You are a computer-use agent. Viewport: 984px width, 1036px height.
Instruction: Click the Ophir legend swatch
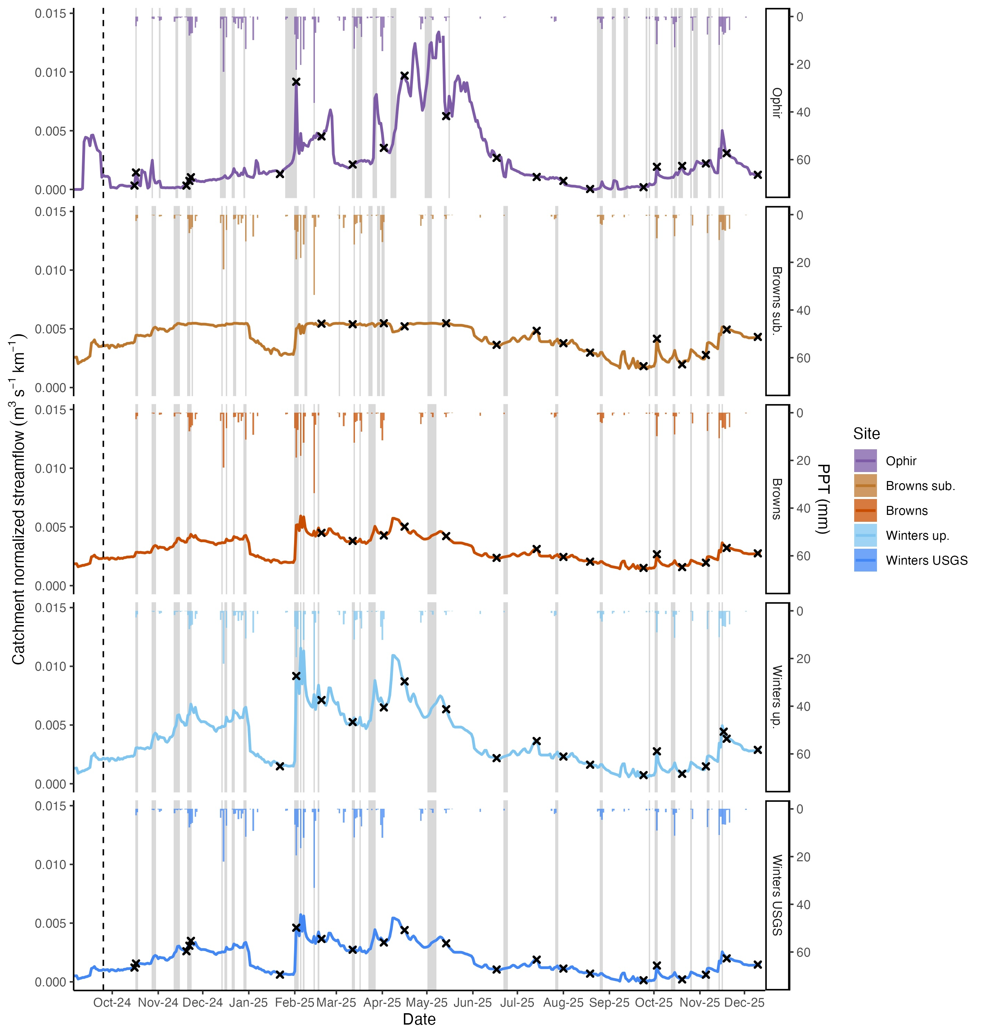(x=865, y=461)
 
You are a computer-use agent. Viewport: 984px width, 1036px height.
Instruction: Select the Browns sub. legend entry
(x=920, y=486)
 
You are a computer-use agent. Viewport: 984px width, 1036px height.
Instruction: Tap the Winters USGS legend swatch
(x=865, y=560)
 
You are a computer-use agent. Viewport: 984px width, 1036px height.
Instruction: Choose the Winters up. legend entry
(x=917, y=536)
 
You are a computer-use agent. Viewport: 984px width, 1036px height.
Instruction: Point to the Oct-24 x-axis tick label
(x=112, y=1003)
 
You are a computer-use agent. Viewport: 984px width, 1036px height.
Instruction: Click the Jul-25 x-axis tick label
(x=517, y=1003)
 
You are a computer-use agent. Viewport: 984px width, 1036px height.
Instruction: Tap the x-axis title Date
(x=419, y=1019)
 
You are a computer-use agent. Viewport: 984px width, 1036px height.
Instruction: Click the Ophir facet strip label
(x=777, y=103)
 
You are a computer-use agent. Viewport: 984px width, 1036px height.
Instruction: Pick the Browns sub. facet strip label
(x=777, y=300)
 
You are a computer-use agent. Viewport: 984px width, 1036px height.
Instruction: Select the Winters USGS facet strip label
(x=777, y=895)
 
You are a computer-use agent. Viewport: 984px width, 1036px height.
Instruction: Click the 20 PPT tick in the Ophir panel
(x=803, y=65)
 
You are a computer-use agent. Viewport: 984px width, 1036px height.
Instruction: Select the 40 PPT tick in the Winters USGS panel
(x=803, y=904)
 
